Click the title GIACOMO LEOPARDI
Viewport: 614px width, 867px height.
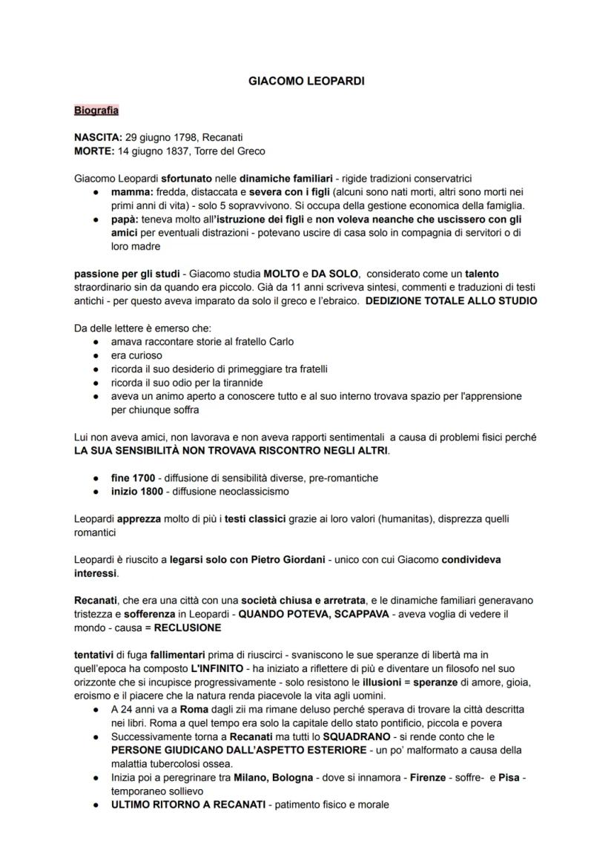pos(306,82)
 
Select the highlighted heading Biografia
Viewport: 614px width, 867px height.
pos(96,111)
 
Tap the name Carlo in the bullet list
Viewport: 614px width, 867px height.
pos(280,342)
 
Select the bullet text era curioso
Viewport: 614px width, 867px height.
pos(136,355)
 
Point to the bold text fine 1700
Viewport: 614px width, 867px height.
pos(133,478)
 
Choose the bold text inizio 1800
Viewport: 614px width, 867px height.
pos(137,491)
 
